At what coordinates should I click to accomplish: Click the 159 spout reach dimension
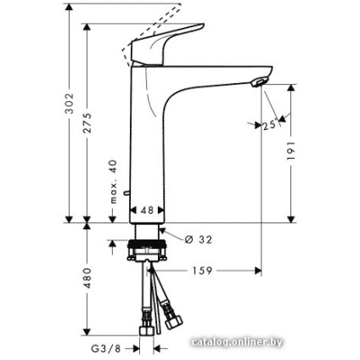(201, 272)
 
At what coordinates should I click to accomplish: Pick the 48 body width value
(145, 210)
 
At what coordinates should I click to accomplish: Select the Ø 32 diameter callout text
(198, 239)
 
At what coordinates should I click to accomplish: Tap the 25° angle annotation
(271, 125)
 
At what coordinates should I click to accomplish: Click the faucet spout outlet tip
(257, 82)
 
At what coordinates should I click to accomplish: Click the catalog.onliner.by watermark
(237, 342)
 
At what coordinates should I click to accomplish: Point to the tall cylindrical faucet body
(146, 144)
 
